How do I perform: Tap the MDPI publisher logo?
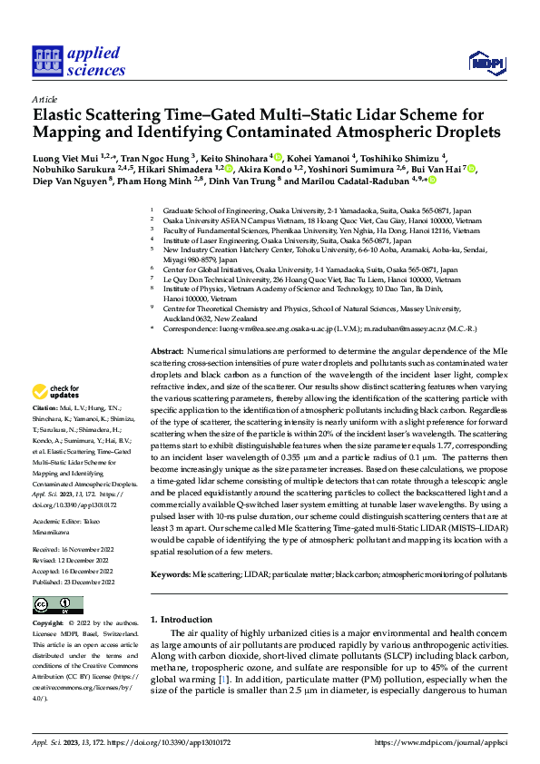(x=485, y=62)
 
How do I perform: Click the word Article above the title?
(x=44, y=99)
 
